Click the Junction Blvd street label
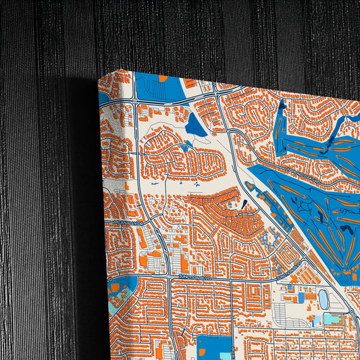[x=196, y=277]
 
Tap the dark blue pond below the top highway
[x=196, y=125]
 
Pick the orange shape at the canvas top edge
[x=162, y=79]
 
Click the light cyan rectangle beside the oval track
[x=332, y=317]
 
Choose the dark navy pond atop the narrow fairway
[x=281, y=105]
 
